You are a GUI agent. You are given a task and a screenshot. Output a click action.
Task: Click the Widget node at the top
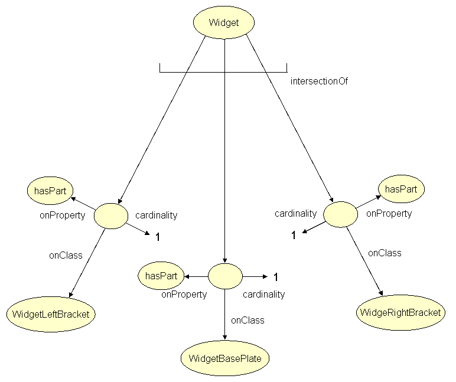(224, 23)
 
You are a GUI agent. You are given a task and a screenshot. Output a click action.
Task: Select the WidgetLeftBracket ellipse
(51, 314)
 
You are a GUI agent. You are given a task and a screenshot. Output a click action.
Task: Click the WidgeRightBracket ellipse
(400, 312)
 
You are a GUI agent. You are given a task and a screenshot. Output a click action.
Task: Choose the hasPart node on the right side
(401, 189)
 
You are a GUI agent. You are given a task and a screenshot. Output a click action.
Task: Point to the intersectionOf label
(319, 81)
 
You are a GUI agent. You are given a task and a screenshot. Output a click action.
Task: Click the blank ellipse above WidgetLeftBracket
(110, 216)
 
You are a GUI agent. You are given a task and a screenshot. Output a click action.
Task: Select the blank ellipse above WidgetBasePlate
(225, 276)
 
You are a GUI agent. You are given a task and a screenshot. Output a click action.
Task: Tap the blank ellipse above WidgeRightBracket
(340, 214)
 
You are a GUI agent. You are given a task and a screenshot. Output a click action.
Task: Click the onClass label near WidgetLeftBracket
(66, 255)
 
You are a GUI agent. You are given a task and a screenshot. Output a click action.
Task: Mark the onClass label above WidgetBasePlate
(247, 320)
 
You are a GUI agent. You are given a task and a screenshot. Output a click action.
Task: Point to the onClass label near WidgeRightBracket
(385, 253)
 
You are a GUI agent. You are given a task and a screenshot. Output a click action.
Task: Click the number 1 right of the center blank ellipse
(275, 277)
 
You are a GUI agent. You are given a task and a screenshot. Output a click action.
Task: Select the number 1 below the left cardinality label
(158, 237)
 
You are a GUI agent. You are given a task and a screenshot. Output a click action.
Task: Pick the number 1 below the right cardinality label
(293, 236)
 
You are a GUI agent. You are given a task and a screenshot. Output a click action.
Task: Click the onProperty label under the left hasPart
(63, 215)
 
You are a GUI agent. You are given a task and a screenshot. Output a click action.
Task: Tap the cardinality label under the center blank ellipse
(264, 294)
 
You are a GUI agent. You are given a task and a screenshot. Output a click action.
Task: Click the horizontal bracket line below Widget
(223, 73)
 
